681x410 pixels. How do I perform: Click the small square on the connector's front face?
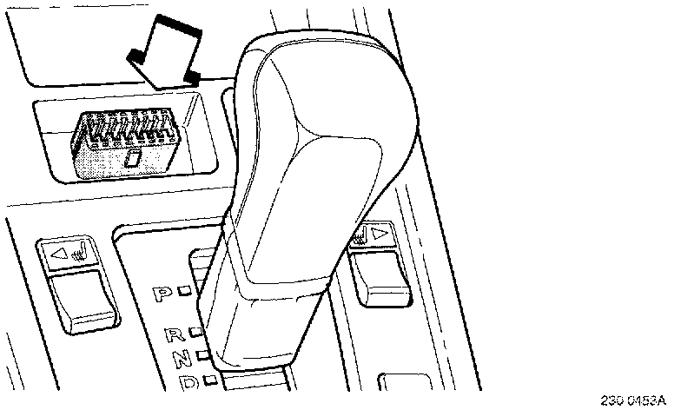(x=132, y=159)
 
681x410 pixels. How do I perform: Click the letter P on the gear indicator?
(x=162, y=294)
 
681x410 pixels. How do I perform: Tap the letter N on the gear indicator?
(x=180, y=357)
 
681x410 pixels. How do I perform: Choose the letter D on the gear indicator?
(x=186, y=381)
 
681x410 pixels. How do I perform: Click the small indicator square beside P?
(x=185, y=294)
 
